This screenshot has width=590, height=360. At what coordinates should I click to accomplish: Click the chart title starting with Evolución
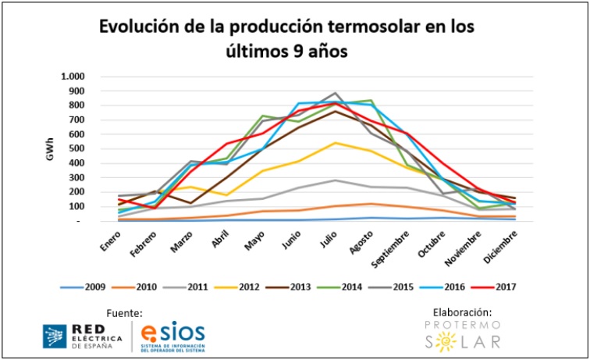pyautogui.click(x=285, y=38)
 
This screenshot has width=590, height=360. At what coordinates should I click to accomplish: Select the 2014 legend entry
pyautogui.click(x=336, y=287)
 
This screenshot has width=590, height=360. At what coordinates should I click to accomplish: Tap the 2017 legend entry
pyautogui.click(x=489, y=287)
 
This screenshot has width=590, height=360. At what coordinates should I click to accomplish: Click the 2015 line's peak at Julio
pyautogui.click(x=336, y=92)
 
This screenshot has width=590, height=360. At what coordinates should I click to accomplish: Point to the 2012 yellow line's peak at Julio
pyautogui.click(x=336, y=143)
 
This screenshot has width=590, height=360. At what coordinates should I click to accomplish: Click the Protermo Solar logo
pyautogui.click(x=462, y=334)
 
